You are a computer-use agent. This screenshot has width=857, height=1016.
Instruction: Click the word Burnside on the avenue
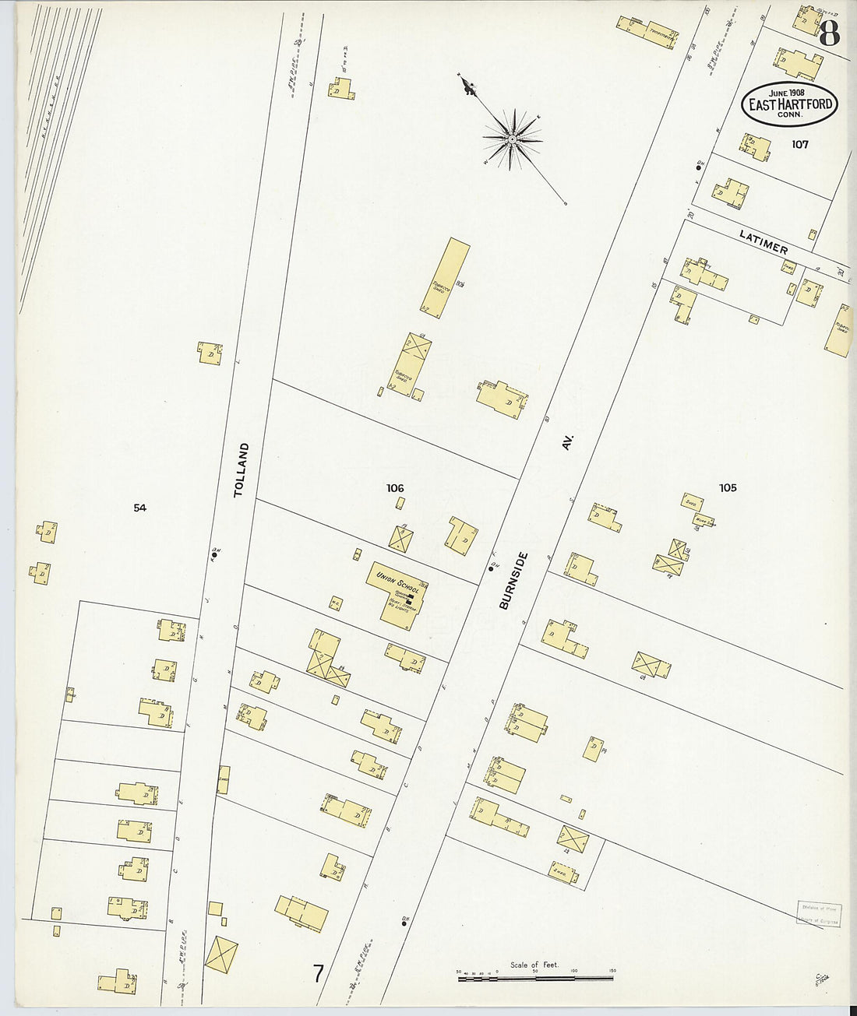click(514, 580)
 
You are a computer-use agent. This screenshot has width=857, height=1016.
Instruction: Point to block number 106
click(395, 488)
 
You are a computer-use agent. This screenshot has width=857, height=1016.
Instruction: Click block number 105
click(728, 488)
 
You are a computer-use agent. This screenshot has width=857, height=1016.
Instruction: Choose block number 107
click(799, 144)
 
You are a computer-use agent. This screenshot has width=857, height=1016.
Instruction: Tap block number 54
click(139, 508)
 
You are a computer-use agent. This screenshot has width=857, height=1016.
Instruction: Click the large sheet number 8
click(829, 33)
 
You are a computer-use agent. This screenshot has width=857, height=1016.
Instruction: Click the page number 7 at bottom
click(318, 973)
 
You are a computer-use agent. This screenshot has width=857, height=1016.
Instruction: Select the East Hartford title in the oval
click(790, 104)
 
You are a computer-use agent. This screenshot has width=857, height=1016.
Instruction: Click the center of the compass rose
click(512, 139)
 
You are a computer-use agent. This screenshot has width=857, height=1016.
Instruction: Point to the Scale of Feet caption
click(534, 965)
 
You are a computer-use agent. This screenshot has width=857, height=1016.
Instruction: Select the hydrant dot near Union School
click(491, 568)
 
